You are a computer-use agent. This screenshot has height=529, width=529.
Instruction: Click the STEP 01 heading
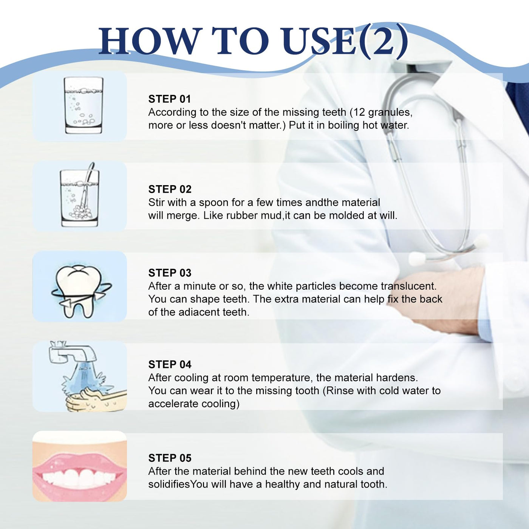tap(169, 99)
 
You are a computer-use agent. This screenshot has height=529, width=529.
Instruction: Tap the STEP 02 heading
tap(170, 189)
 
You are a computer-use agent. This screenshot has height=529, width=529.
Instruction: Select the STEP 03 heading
tap(170, 273)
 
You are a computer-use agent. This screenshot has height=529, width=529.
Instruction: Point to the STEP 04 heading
tap(170, 364)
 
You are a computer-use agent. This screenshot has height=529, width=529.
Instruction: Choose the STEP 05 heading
tap(170, 458)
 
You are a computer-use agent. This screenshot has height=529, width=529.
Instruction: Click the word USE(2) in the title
tap(345, 41)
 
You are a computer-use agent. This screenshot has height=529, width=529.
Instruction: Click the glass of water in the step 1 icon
tap(84, 105)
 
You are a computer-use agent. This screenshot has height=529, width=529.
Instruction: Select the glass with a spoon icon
tap(80, 195)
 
